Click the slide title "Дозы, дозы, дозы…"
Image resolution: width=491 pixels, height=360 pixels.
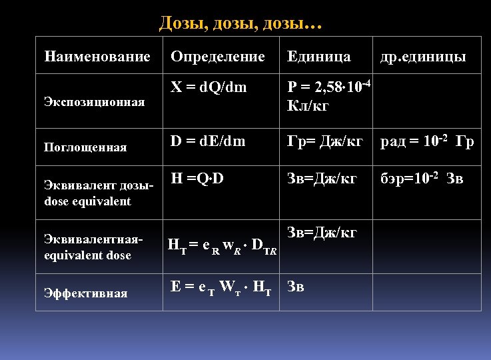point(241,23)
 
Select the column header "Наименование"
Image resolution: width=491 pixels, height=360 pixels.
point(97,57)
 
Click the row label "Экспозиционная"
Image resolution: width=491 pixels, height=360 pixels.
point(94,101)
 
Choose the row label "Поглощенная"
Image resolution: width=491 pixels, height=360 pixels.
point(85,147)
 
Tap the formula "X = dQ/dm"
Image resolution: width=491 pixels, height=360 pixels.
point(209,87)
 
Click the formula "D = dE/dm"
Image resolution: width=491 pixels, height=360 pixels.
point(208,141)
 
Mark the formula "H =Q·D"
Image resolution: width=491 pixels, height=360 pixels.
point(197,179)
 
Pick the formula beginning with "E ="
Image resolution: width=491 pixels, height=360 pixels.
point(221,288)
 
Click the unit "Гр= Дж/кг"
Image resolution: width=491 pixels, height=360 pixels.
point(324,141)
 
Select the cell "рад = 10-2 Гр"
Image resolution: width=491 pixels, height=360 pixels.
point(426,141)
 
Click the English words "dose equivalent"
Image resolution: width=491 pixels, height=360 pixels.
point(87,201)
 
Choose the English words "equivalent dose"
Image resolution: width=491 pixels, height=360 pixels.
point(87,255)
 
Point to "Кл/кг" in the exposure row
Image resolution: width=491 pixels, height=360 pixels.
point(307,105)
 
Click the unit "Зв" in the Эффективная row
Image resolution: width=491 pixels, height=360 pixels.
point(295,287)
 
